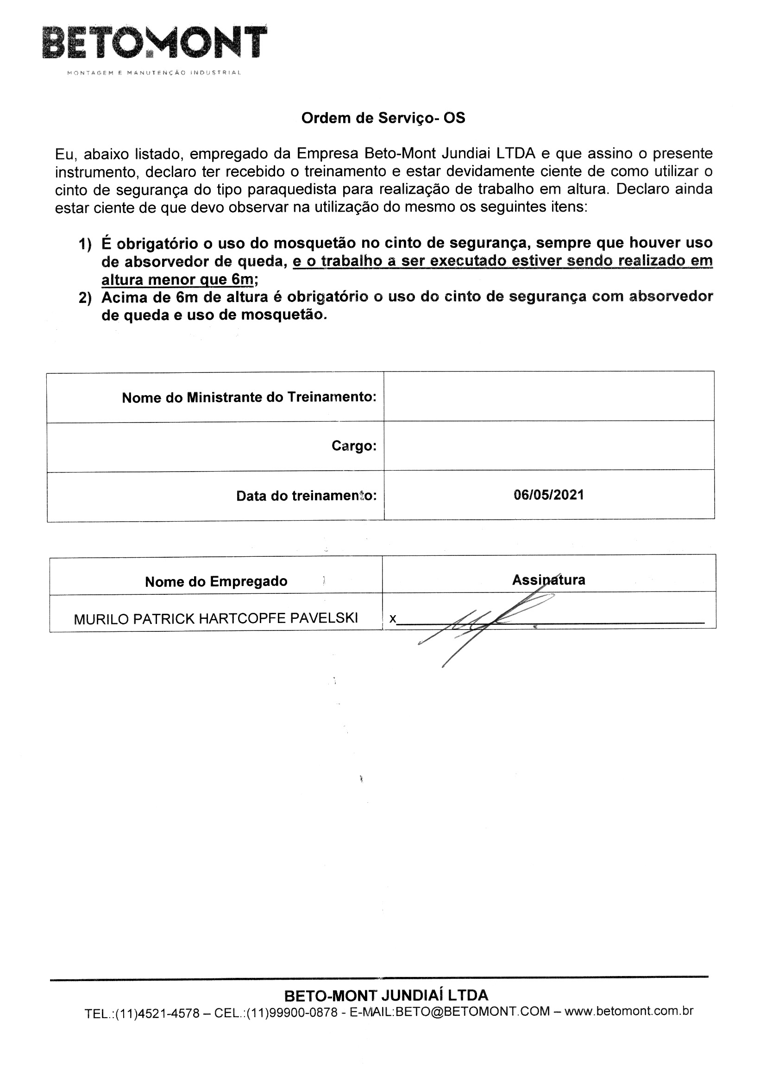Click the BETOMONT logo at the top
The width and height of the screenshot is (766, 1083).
point(155,44)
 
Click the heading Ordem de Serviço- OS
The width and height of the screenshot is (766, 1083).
point(383,118)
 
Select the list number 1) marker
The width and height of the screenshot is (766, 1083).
point(85,244)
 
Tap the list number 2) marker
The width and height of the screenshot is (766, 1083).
point(85,299)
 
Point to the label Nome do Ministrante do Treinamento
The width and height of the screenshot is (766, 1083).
point(249,397)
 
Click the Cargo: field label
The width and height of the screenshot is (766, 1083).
point(354,446)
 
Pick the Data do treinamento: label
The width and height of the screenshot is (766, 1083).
point(306,496)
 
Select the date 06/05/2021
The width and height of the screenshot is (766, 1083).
point(548,495)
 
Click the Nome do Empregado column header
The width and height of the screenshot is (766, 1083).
point(216,582)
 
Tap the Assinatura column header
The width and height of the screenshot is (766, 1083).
point(548,579)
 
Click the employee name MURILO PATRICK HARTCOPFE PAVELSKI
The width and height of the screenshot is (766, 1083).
point(216,618)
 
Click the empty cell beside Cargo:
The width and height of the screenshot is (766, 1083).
point(548,446)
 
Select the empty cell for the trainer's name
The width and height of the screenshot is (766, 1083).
point(548,396)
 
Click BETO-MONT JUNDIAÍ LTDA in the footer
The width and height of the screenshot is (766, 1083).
point(386,996)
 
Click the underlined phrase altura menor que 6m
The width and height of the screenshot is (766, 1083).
point(177,280)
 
